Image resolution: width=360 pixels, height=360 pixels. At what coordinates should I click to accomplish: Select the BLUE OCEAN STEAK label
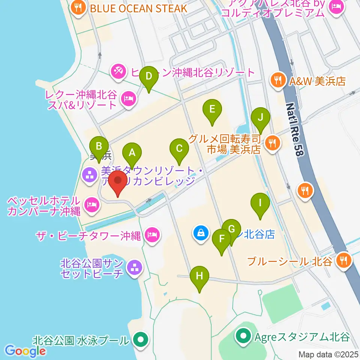coord(138,8)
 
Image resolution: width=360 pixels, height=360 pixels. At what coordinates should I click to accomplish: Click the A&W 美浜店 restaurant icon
coord(277,80)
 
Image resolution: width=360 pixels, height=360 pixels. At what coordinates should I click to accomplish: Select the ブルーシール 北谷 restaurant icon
coord(343,259)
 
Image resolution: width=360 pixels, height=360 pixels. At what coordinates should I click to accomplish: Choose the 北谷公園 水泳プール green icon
coord(141,340)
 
